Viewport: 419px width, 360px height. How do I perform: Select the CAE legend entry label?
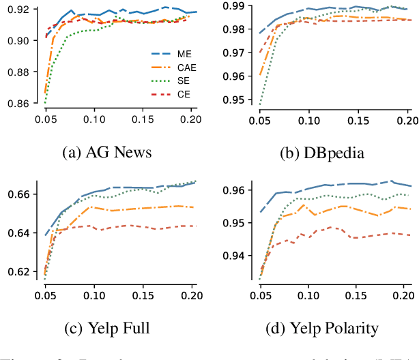[x=186, y=67]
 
